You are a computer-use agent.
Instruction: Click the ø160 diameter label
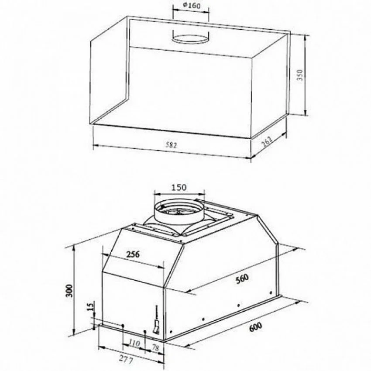[x=192, y=5]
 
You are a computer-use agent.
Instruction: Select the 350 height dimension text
[x=300, y=75]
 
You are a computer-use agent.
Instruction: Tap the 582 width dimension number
[x=171, y=145]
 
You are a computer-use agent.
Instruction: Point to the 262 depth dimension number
[x=267, y=141]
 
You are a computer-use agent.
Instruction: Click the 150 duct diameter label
[x=179, y=187]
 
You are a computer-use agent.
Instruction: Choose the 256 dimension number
[x=133, y=254]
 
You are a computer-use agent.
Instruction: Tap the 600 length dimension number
[x=255, y=327]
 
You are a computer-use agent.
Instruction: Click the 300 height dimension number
[x=70, y=291]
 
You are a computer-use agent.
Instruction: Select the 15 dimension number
[x=91, y=306]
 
